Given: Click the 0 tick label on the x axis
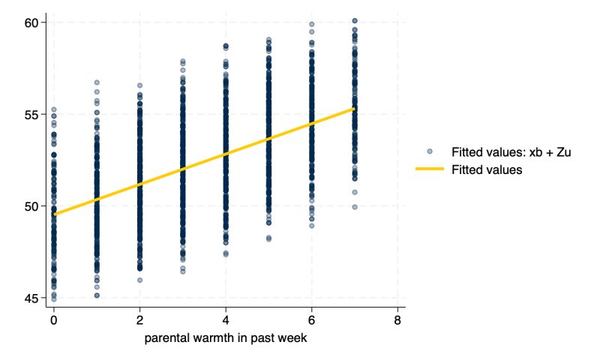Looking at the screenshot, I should click(54, 319).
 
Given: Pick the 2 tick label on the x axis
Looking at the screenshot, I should click(139, 319).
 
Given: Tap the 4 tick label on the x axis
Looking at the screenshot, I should click(226, 319).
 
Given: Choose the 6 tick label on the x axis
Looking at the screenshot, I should click(311, 319).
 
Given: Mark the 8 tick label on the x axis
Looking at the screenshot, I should click(397, 319).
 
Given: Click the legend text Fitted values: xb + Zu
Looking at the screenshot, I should click(508, 152).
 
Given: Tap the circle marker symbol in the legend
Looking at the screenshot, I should click(430, 152).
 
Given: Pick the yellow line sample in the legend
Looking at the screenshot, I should click(430, 170).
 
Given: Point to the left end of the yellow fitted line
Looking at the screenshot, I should click(54, 214).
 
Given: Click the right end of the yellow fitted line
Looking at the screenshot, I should click(354, 109).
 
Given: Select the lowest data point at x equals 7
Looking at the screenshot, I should click(354, 207).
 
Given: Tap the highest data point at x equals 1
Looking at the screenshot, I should click(97, 82).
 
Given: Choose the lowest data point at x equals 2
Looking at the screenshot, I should click(139, 280).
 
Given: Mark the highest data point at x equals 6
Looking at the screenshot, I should click(311, 25).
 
